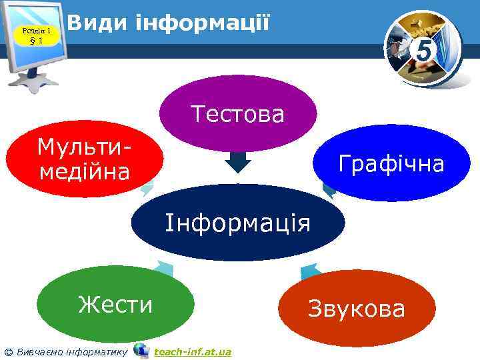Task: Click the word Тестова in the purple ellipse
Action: (238, 113)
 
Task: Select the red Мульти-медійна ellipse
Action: (85, 160)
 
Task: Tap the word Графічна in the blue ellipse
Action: (391, 163)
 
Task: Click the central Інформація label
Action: (238, 221)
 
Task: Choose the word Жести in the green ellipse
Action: (115, 305)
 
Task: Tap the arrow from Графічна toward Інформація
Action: (329, 191)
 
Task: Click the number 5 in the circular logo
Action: (424, 49)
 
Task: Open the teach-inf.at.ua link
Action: (192, 351)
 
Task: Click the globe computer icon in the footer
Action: (141, 350)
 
